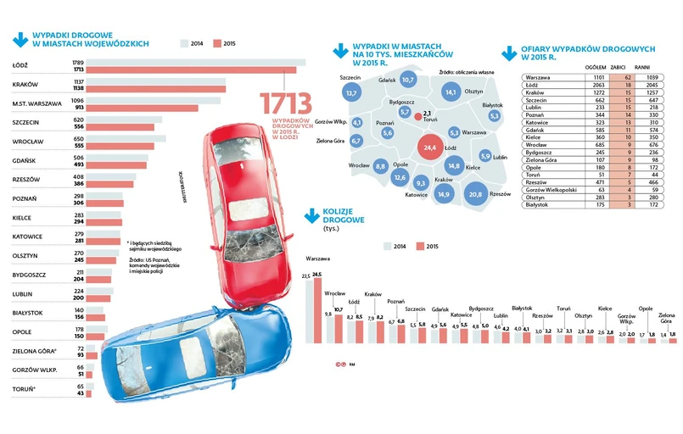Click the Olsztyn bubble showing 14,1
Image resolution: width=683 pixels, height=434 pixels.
click(x=451, y=92)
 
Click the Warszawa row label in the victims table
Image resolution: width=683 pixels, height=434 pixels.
click(x=538, y=77)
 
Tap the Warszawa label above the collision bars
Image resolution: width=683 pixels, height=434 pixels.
click(x=318, y=258)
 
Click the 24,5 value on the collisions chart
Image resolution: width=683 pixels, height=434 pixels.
click(x=318, y=275)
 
